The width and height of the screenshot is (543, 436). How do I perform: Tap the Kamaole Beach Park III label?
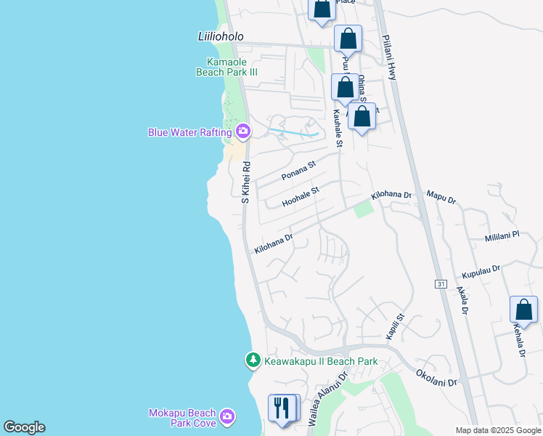tap(226, 67)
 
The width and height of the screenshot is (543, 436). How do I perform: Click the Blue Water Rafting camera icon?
tap(242, 132)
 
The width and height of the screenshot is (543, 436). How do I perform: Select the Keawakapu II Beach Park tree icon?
tap(253, 360)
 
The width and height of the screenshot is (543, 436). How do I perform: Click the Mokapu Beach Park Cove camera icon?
tap(227, 415)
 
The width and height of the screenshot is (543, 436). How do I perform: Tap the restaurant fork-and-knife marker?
tap(284, 407)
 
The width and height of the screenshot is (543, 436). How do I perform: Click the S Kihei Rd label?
tap(245, 182)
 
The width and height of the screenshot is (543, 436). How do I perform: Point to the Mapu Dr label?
tap(441, 196)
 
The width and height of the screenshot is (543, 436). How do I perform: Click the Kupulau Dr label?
tap(481, 272)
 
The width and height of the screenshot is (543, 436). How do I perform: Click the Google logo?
tap(24, 427)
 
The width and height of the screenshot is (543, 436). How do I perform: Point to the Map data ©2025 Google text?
tap(498, 430)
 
